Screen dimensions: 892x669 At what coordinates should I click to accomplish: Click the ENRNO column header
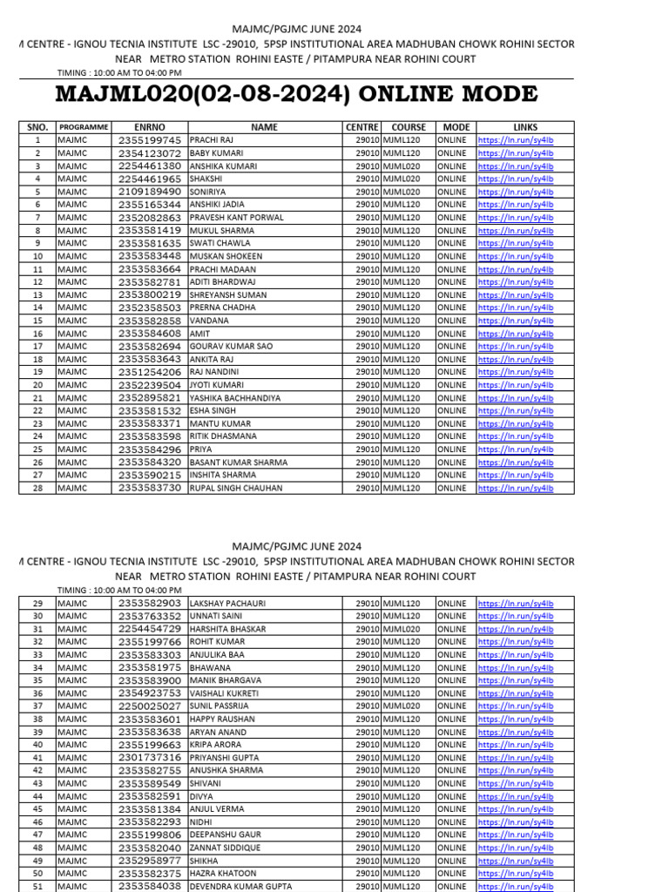149,127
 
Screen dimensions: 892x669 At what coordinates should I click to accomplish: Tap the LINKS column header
525,127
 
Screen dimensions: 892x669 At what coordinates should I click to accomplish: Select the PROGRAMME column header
84,127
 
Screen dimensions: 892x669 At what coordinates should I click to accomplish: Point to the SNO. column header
37,127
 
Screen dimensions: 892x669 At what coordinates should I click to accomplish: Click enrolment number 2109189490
150,192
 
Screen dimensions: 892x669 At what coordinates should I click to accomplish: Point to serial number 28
37,489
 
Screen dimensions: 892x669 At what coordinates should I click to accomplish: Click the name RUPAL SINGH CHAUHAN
235,489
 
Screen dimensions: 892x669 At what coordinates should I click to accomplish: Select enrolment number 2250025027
150,706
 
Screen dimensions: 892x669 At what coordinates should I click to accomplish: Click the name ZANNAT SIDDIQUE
225,848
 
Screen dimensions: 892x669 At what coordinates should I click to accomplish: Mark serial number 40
37,745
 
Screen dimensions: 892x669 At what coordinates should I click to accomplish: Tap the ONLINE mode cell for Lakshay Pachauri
452,604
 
